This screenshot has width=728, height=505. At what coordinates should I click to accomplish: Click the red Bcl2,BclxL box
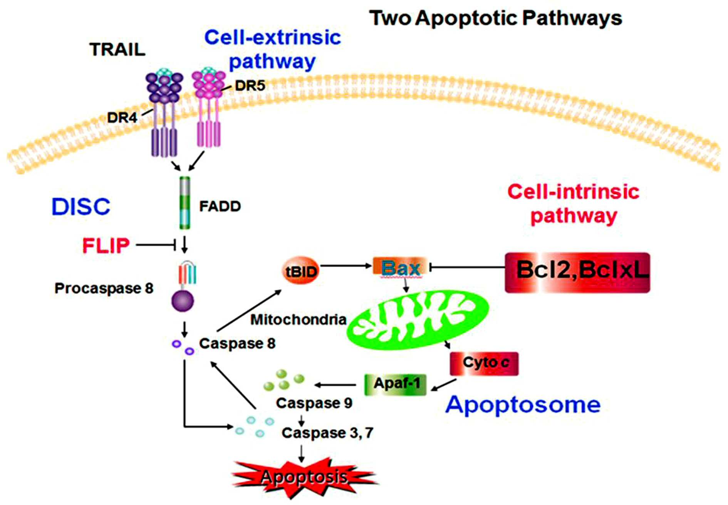tap(577, 273)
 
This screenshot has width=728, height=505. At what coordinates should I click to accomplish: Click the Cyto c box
tap(484, 364)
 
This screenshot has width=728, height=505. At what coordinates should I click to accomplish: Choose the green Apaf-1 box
tap(396, 384)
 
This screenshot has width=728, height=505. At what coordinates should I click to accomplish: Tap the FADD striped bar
tap(185, 203)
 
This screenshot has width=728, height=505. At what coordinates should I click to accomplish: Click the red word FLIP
tap(106, 246)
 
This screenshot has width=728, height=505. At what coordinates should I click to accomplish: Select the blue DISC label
tap(81, 207)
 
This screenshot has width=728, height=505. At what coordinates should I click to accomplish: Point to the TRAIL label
tap(117, 49)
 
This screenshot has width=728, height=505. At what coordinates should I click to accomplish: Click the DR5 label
tap(250, 85)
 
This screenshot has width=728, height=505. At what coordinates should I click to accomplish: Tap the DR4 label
tap(122, 118)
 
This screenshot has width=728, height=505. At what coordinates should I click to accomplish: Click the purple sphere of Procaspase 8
tap(183, 300)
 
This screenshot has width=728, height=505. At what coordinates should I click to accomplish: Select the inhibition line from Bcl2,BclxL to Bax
tap(467, 267)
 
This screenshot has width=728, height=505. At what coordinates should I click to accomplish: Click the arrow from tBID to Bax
tap(346, 266)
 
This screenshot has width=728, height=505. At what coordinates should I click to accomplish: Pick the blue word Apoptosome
tap(523, 405)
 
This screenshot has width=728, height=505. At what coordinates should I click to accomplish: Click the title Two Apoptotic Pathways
tap(496, 18)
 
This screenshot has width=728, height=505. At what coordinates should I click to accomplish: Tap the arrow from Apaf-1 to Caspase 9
tap(335, 385)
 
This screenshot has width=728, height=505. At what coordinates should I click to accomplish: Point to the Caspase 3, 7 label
tap(327, 433)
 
